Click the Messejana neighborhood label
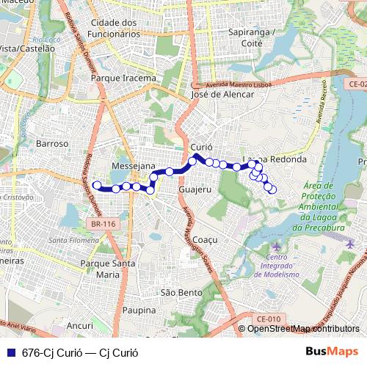point(133,167)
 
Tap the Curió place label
point(201,148)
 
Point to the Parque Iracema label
point(123,78)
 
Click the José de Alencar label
point(222,94)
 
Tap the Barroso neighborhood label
point(51,144)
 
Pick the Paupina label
point(139,310)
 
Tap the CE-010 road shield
point(269,319)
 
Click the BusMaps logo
point(332,351)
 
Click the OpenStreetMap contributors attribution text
point(303,329)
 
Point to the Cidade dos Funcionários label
point(114,28)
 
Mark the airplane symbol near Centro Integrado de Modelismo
point(276,245)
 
